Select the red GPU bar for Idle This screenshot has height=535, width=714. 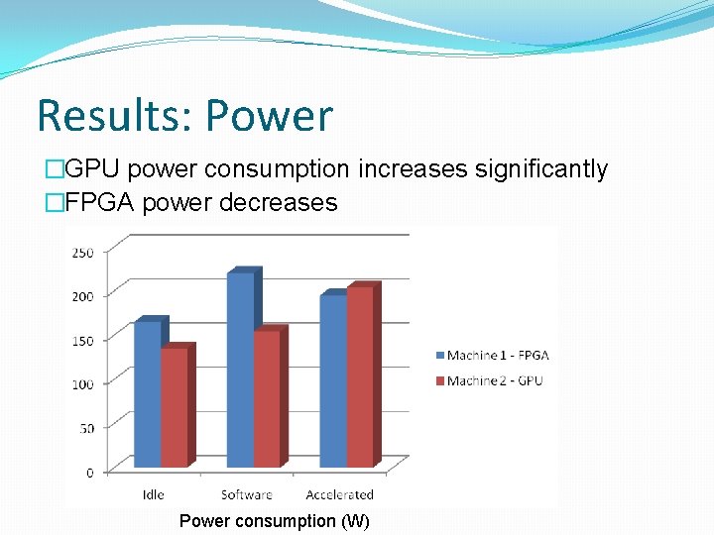(x=174, y=406)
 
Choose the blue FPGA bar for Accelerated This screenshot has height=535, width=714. (x=333, y=380)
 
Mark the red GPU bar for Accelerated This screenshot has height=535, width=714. (x=359, y=376)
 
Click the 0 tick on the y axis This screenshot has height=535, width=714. (x=89, y=473)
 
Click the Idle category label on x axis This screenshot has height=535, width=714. (x=154, y=494)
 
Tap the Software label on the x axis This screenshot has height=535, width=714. (x=246, y=494)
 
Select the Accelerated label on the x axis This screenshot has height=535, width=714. (x=339, y=494)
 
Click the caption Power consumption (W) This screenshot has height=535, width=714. (x=274, y=521)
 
